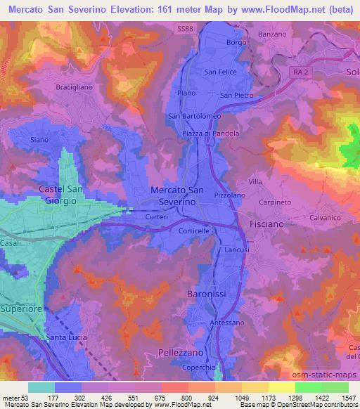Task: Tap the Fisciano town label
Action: pyautogui.click(x=266, y=223)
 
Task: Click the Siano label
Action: pyautogui.click(x=39, y=140)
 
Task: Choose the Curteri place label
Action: pyautogui.click(x=156, y=217)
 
